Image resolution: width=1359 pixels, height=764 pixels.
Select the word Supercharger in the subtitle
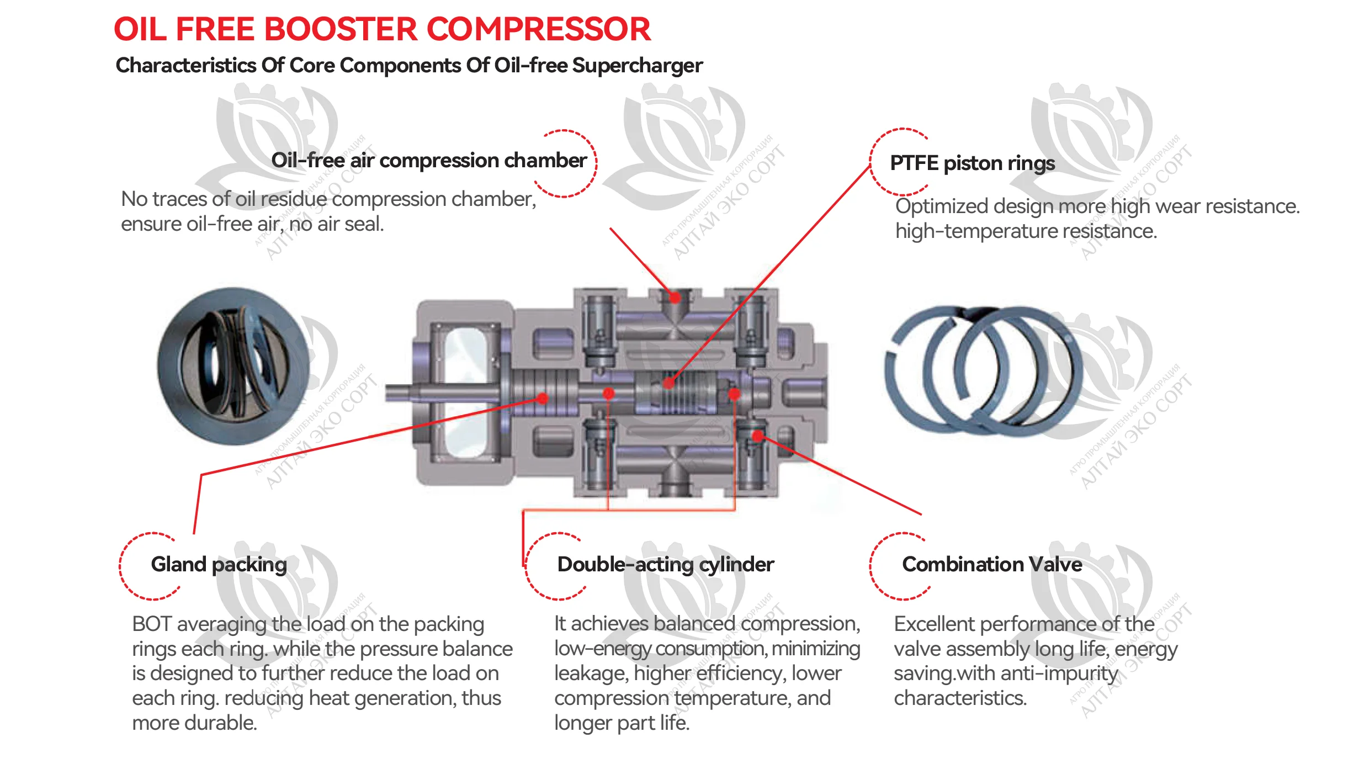tap(637, 66)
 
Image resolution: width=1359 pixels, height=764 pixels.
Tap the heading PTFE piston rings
tap(972, 163)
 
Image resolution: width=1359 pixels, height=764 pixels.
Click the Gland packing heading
tap(219, 564)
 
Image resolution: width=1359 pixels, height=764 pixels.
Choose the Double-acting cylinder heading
tap(665, 564)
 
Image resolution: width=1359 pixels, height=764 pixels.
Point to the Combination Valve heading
tap(991, 564)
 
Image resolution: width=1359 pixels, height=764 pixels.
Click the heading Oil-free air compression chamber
tap(428, 161)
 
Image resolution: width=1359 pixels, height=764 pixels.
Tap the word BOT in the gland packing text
tap(152, 624)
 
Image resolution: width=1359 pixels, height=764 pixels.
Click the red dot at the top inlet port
tap(675, 298)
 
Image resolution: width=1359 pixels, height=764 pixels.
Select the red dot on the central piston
tap(668, 383)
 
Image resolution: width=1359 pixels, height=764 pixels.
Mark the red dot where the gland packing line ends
tap(543, 398)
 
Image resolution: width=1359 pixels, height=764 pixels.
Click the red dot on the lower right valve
tap(758, 437)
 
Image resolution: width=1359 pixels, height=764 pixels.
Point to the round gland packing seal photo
tap(233, 366)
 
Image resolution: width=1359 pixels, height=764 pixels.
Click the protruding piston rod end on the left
tap(397, 392)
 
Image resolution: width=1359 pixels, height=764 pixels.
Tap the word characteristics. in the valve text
tap(960, 698)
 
